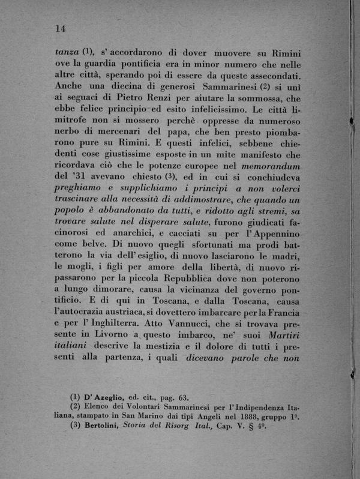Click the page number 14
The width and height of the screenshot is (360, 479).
click(x=59, y=29)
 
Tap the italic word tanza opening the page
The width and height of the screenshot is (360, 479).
click(x=67, y=52)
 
